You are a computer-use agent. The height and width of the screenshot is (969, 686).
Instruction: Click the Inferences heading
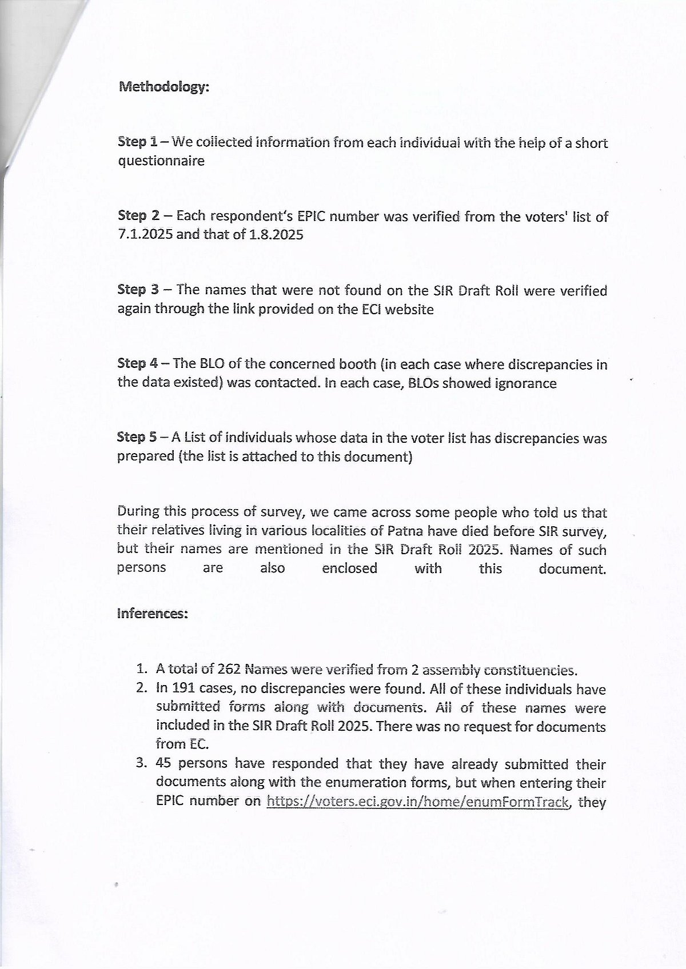(153, 614)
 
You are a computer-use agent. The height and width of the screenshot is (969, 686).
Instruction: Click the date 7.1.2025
(145, 235)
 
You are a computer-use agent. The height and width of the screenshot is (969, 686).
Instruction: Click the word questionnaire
(161, 161)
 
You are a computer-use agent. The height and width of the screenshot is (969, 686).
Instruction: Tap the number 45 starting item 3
(163, 764)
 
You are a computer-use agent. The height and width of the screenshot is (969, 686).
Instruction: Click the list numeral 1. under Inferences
(142, 670)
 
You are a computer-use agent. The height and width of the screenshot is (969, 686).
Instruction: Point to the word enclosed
(349, 568)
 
